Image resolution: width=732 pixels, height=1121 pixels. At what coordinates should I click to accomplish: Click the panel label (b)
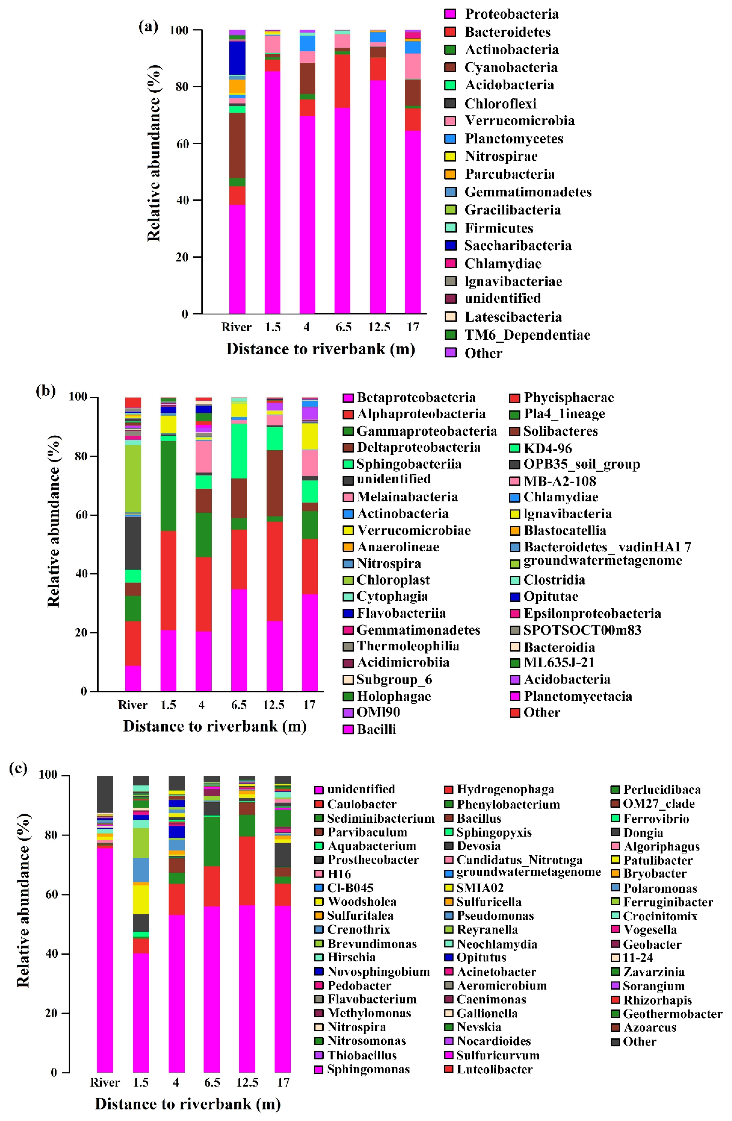point(46,391)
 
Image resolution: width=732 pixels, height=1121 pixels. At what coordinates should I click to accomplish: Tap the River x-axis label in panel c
point(105,1082)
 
